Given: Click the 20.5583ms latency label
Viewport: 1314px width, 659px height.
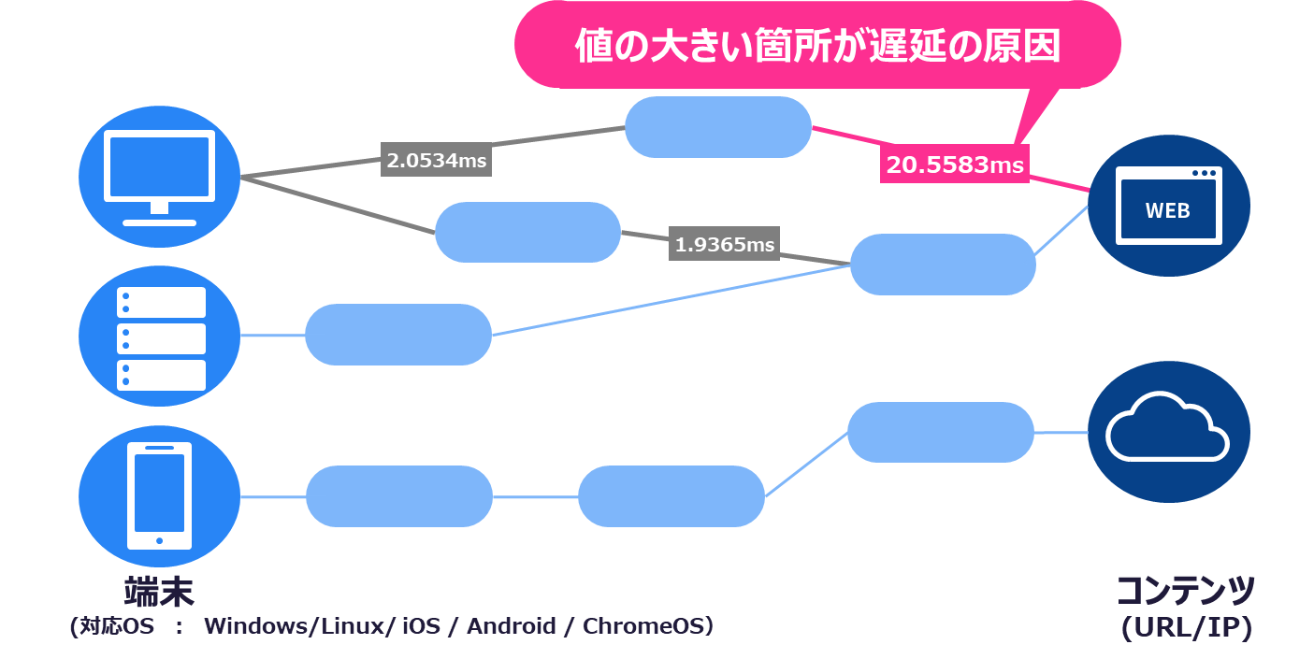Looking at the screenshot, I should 955,165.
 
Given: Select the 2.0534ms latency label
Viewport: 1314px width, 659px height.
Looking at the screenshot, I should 437,160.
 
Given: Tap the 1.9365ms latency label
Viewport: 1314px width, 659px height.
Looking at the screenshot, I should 725,244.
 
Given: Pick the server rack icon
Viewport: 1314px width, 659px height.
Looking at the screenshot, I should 160,337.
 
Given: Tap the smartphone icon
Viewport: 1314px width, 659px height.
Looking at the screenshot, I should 159,495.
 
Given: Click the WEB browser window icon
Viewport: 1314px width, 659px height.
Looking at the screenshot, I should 1168,206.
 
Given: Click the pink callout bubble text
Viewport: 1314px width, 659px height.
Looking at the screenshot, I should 817,45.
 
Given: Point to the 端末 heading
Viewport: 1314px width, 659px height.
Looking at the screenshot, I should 159,592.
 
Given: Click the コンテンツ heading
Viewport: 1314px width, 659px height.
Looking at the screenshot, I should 1185,592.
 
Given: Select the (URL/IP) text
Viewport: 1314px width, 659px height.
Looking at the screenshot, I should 1186,628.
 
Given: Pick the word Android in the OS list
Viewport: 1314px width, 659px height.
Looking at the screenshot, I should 512,626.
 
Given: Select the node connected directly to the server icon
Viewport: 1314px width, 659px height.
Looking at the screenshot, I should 398,335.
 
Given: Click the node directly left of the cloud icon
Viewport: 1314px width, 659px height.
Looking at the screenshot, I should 941,432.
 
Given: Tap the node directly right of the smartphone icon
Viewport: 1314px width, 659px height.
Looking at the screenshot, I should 399,496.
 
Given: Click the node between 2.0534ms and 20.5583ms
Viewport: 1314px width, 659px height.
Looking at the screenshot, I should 717,127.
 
